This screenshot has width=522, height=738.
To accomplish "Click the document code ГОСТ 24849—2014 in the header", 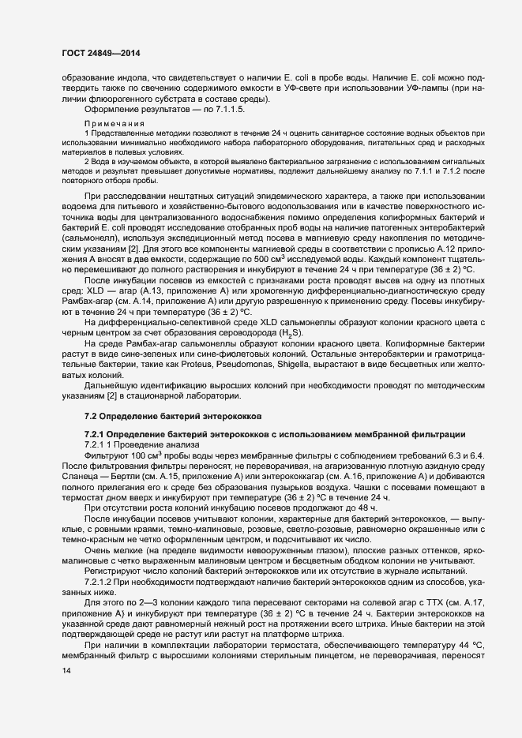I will pyautogui.click(x=96, y=53).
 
